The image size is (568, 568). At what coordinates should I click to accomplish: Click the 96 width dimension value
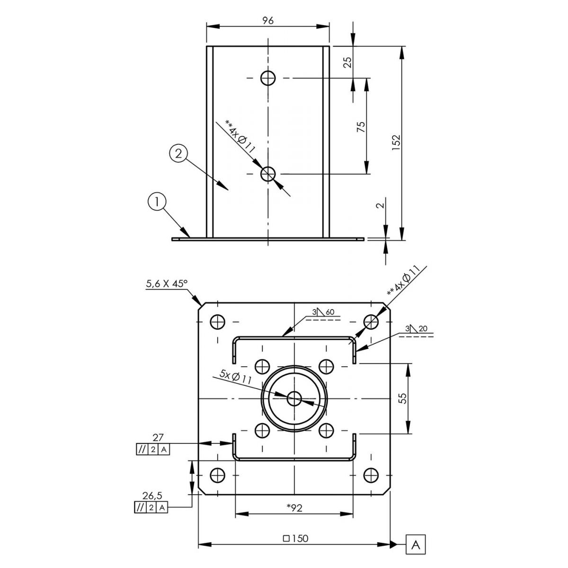click(267, 20)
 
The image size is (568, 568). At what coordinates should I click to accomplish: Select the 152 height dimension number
click(396, 142)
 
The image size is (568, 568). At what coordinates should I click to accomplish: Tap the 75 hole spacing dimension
click(361, 126)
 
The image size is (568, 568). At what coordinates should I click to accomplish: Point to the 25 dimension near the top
click(348, 62)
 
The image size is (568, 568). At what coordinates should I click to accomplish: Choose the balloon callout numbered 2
click(178, 154)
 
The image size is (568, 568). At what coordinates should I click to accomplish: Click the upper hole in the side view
click(268, 78)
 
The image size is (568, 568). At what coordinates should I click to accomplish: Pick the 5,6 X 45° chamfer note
click(167, 284)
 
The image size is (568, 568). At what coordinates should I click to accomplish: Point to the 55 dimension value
click(404, 398)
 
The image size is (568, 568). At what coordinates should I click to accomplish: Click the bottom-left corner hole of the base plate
click(218, 475)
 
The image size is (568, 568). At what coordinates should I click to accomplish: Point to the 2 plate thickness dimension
click(381, 205)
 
